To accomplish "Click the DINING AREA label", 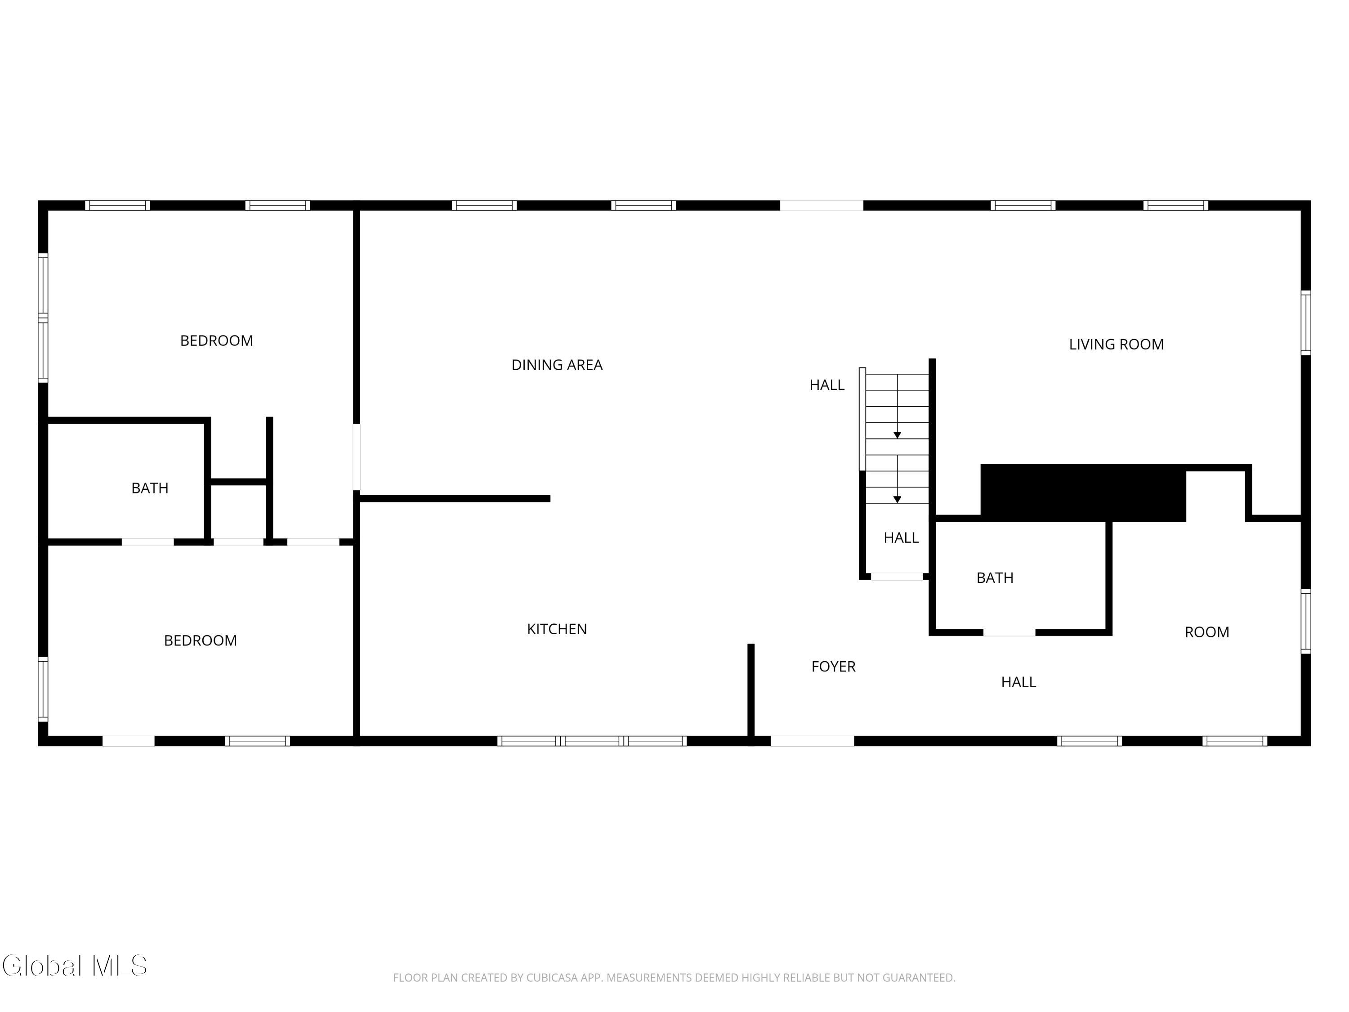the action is click(x=557, y=365).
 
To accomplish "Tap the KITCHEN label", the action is click(x=557, y=629).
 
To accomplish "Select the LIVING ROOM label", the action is click(x=1116, y=344).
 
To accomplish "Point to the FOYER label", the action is click(x=833, y=666).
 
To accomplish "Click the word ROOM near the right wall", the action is click(x=1207, y=632).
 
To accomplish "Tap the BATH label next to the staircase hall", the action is click(x=995, y=578).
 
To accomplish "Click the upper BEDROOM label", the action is click(x=216, y=340).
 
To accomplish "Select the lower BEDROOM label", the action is click(x=200, y=640).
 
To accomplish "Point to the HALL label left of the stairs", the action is click(x=827, y=385).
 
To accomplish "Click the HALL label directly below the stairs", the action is click(x=901, y=537).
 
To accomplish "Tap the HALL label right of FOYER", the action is click(x=1018, y=682).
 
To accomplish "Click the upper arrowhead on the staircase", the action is click(x=897, y=435).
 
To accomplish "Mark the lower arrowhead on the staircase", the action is click(x=897, y=500).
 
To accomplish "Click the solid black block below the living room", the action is click(x=1083, y=493).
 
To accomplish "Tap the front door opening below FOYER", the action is click(x=813, y=741).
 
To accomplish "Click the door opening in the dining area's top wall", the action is click(x=822, y=206).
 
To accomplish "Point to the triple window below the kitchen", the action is click(x=592, y=741).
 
